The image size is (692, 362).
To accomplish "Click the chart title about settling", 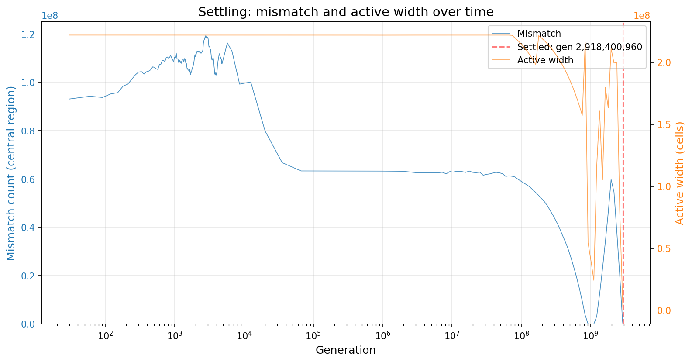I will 346,12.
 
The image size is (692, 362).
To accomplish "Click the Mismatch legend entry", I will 539,34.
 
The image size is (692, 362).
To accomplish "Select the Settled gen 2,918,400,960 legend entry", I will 579,47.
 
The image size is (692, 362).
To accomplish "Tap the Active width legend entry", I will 545,60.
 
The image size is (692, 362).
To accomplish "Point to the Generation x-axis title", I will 345,350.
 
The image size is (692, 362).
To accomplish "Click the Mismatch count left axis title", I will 11,173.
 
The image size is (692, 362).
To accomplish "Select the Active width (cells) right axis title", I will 680,173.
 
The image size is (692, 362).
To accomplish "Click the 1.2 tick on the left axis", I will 31,34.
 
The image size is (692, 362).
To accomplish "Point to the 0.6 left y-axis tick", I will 31,179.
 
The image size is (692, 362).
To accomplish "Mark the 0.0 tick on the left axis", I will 31,324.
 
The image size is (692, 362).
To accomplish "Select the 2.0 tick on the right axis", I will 661,63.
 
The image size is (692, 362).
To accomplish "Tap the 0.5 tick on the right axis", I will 661,248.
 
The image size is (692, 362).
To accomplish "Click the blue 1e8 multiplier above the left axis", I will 49,16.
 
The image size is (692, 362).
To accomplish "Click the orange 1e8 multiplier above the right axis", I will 641,16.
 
